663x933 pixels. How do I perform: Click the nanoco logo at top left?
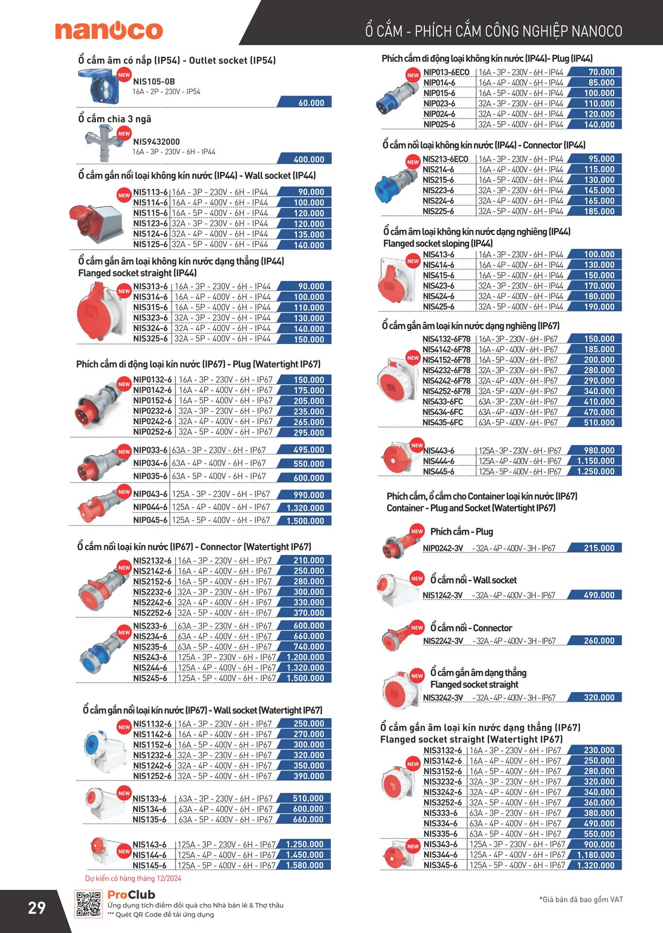[x=109, y=30]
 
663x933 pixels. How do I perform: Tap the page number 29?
[x=37, y=908]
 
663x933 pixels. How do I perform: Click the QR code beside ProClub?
[x=88, y=904]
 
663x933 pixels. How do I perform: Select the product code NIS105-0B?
[x=154, y=82]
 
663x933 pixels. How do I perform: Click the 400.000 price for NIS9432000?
[x=309, y=159]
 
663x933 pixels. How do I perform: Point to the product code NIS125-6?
[x=151, y=244]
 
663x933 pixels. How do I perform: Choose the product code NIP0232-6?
[x=153, y=411]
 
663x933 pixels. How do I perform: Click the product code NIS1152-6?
[x=153, y=745]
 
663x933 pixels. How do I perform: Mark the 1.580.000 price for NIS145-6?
[x=305, y=865]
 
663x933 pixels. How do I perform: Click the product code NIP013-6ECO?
[x=446, y=72]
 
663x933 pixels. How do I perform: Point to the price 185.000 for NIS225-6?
[x=599, y=211]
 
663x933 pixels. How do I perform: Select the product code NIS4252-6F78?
[x=446, y=391]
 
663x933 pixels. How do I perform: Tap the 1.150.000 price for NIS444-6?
[x=596, y=461]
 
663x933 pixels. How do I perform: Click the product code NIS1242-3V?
[x=442, y=595]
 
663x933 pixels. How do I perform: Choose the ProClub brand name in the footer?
[x=131, y=895]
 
